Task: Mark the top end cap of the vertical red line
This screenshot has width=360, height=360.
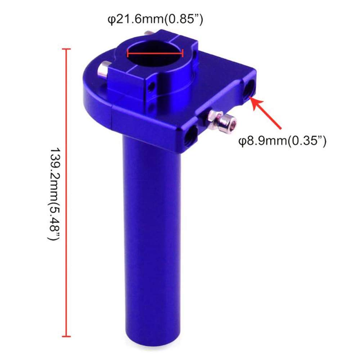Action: [x=66, y=49]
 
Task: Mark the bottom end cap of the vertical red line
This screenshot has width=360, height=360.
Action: [x=66, y=336]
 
